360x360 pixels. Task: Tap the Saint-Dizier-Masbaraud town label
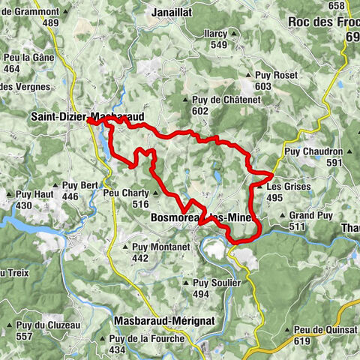(x=85, y=117)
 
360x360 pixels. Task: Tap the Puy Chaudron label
(x=314, y=151)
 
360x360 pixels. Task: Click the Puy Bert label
(x=80, y=185)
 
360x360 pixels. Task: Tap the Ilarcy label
(x=217, y=33)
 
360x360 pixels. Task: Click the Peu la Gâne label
(x=22, y=58)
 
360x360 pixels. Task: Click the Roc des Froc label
(x=322, y=22)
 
